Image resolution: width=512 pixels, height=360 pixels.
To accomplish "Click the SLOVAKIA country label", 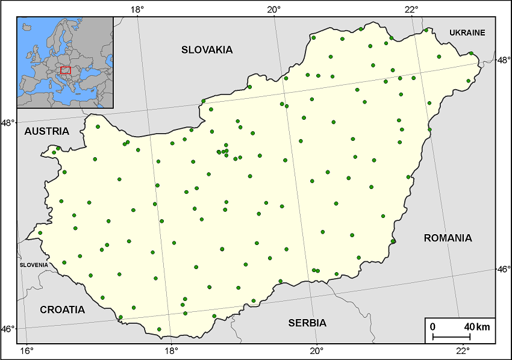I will (207, 50).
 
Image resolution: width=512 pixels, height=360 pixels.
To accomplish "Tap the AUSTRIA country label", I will (47, 131).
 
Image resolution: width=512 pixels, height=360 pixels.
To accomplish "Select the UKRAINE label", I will (467, 33).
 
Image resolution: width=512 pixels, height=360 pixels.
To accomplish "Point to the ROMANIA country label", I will (448, 238).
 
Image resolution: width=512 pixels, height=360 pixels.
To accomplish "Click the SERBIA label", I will (307, 323).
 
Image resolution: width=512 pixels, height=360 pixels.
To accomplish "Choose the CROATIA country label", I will (63, 310).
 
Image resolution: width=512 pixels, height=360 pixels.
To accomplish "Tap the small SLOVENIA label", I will (34, 265).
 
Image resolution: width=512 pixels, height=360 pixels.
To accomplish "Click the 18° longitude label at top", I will (137, 8).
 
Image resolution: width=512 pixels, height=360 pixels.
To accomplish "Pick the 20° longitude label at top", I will (274, 8).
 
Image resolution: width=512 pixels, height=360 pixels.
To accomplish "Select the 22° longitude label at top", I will (411, 8).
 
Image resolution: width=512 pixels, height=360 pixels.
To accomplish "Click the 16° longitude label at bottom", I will (27, 350).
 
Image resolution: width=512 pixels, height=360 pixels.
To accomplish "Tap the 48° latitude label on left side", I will (8, 123).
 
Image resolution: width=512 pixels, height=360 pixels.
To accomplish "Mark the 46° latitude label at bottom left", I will (8, 329).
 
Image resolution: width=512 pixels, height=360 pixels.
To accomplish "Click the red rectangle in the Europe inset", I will (66, 70).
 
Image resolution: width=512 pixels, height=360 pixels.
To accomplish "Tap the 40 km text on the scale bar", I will (477, 327).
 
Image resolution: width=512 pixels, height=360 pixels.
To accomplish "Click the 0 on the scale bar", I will (432, 327).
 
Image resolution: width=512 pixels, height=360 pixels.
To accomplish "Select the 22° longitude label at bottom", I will (463, 350).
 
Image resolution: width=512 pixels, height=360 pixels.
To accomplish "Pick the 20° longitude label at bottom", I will (317, 350).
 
